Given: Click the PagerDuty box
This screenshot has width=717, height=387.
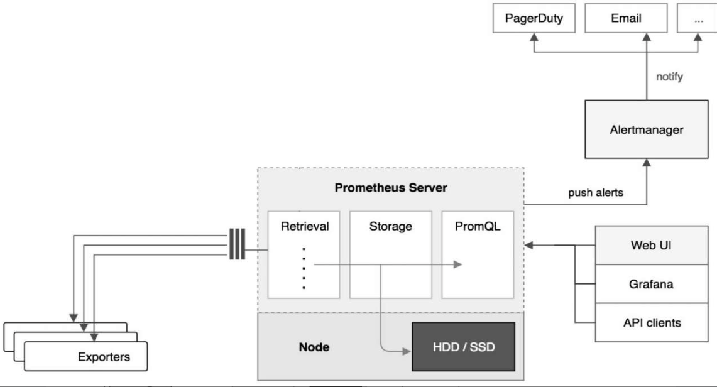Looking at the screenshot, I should coord(534,18).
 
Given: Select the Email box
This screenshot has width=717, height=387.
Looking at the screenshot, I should coord(625,18).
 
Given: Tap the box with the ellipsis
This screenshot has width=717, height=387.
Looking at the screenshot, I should coord(698,18).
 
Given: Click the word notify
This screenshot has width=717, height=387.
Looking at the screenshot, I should coord(669,77).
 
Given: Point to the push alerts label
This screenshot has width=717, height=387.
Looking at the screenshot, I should coord(596,193).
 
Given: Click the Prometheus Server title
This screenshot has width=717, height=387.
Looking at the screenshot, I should coord(391,188).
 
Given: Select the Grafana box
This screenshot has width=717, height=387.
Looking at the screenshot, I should coord(651,284).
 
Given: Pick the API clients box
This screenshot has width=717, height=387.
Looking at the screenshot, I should coord(651,323).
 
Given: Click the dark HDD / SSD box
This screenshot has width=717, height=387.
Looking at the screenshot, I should coord(463,346).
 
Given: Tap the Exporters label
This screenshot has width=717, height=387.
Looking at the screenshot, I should coord(104,357).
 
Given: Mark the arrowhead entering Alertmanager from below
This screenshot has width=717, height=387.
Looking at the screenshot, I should coord(647,163).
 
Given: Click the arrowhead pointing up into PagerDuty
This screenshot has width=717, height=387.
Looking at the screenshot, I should coord(534,38).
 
